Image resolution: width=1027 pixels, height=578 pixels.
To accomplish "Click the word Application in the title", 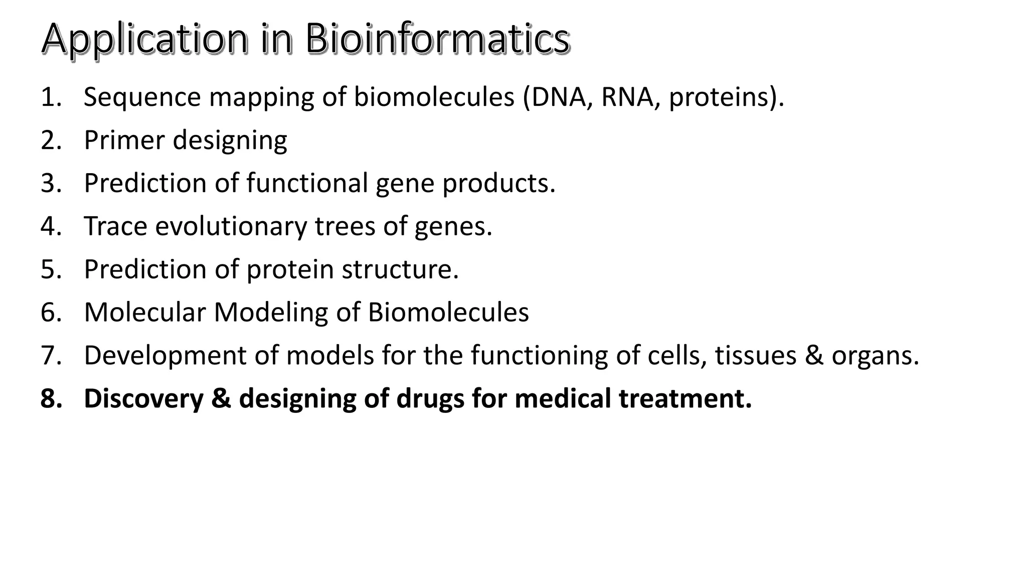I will coord(144,39).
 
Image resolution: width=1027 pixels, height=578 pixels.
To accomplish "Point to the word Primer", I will coord(124,140).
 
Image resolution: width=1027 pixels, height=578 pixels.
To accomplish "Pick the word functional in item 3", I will coord(307,183).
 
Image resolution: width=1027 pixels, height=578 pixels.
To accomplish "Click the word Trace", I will coord(115,226).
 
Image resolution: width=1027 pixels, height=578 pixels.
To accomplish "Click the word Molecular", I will coord(145,313).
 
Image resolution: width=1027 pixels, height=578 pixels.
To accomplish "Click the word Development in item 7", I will coord(165,356).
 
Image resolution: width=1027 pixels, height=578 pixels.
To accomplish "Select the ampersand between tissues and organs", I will coord(814,356).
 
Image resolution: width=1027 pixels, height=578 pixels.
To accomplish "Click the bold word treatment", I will coord(684,399).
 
